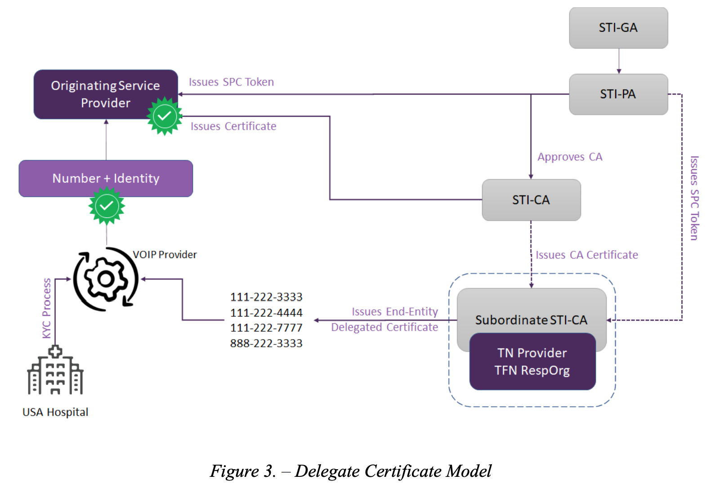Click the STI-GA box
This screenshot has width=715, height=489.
click(x=618, y=28)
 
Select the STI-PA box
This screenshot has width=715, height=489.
click(x=618, y=94)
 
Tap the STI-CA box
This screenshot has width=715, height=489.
click(x=531, y=200)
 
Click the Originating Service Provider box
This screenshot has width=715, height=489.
click(x=106, y=94)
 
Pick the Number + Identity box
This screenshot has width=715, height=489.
click(x=106, y=178)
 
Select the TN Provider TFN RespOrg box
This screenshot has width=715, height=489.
click(x=532, y=362)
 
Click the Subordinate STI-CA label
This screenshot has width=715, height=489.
click(x=531, y=320)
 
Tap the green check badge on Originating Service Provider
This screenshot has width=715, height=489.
click(x=165, y=116)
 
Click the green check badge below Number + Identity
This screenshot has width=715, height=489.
click(x=107, y=206)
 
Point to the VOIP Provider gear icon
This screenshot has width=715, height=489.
click(x=106, y=279)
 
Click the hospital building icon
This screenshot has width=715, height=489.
click(x=55, y=370)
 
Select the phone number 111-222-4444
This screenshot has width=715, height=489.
click(x=266, y=312)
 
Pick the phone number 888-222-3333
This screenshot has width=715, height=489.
click(x=266, y=343)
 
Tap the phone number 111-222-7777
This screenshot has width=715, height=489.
click(x=266, y=328)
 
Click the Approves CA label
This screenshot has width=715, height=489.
click(x=570, y=157)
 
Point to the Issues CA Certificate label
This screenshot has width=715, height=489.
click(x=587, y=255)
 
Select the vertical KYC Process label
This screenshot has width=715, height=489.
click(x=47, y=308)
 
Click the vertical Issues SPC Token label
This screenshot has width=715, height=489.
click(x=695, y=198)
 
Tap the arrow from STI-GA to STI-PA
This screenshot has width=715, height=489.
click(x=619, y=61)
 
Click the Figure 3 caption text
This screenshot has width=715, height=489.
click(x=350, y=471)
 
